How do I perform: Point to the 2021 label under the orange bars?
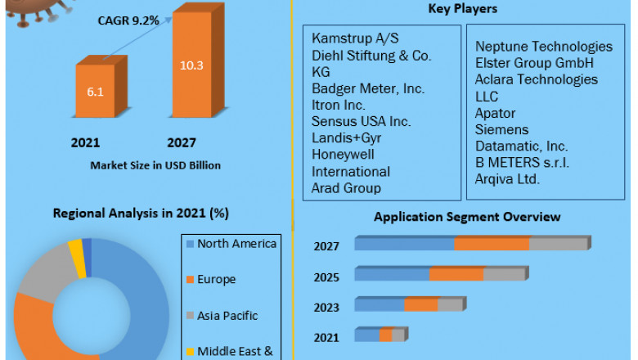pyautogui.click(x=86, y=142)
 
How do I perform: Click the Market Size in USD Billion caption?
pyautogui.click(x=155, y=165)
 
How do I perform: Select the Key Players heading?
pyautogui.click(x=463, y=9)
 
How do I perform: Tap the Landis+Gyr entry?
pyautogui.click(x=347, y=138)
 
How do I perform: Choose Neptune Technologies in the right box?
pyautogui.click(x=543, y=47)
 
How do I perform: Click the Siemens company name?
pyautogui.click(x=501, y=129)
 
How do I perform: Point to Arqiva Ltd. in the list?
pyautogui.click(x=507, y=178)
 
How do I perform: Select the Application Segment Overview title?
pyautogui.click(x=467, y=217)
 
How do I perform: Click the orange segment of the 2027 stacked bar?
pyautogui.click(x=492, y=244)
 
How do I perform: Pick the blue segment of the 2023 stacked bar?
pyautogui.click(x=380, y=304)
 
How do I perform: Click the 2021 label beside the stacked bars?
pyautogui.click(x=326, y=336)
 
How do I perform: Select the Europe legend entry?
pyautogui.click(x=215, y=279)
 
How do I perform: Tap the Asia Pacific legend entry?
pyautogui.click(x=227, y=315)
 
